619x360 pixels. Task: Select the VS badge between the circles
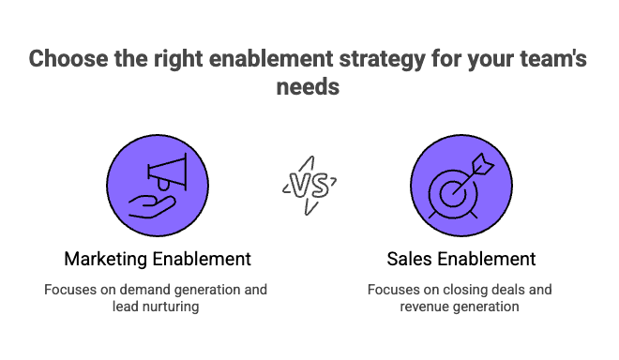click(309, 184)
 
